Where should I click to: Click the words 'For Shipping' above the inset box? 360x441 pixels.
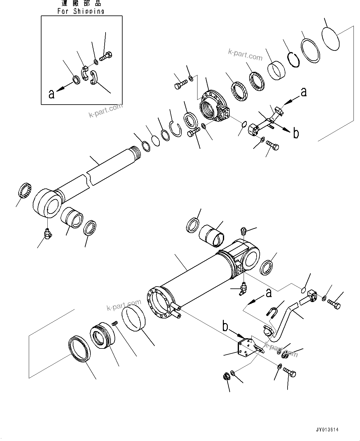point(81,11)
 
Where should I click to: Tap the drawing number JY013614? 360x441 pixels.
point(327,430)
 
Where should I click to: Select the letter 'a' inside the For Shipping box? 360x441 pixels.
point(51,94)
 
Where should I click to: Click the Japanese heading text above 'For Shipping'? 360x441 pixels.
point(81,3)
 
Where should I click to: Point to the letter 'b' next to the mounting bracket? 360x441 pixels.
point(225,327)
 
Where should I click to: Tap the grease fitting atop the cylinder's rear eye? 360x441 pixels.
point(244,231)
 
